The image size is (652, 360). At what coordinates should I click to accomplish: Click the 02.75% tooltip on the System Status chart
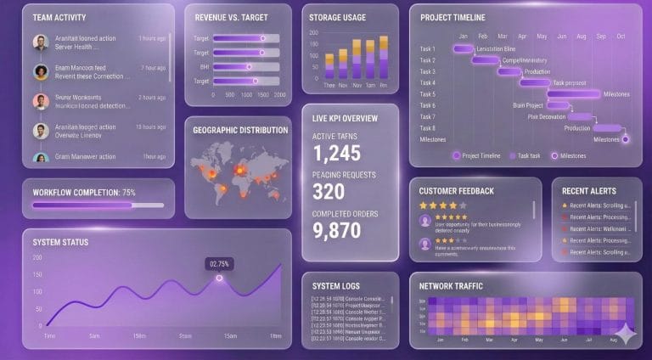(x=219, y=264)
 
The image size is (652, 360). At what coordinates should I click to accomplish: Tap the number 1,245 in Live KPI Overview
(x=337, y=153)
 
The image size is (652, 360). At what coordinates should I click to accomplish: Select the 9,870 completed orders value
(x=337, y=230)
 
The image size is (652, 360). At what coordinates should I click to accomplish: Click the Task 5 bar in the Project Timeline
(x=574, y=94)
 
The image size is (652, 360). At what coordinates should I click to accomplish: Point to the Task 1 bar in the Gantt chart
(x=464, y=48)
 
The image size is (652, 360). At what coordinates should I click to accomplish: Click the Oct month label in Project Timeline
(x=621, y=37)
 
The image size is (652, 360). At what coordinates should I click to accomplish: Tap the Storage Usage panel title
(x=337, y=17)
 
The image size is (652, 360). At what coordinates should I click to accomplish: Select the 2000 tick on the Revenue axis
(x=280, y=95)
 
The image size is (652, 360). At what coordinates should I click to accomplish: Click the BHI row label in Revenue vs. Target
(x=204, y=66)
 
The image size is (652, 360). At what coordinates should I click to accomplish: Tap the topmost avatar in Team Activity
(x=40, y=42)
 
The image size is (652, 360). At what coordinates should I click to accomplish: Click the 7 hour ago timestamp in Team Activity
(x=153, y=68)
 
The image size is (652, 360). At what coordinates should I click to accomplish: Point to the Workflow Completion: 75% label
(x=84, y=193)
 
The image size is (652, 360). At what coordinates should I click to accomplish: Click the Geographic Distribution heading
(x=240, y=130)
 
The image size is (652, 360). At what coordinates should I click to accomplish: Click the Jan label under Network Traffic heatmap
(x=440, y=339)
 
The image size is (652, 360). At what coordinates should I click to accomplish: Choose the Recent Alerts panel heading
(x=588, y=191)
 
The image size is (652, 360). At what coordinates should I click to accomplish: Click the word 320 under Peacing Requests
(x=329, y=191)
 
